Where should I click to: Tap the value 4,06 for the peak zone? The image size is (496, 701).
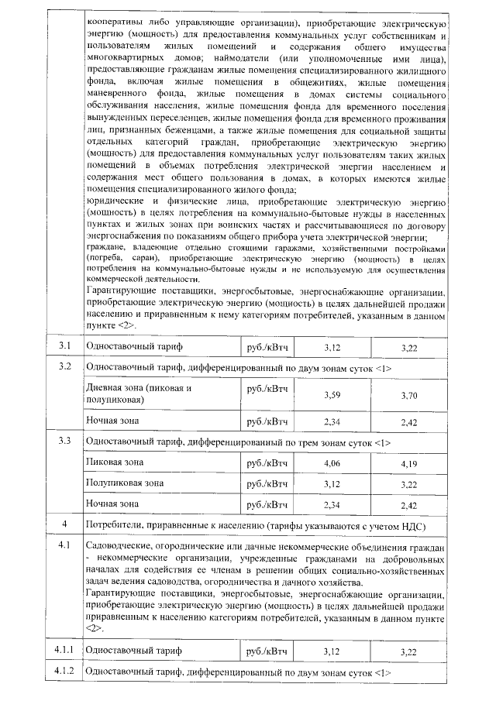point(332,463)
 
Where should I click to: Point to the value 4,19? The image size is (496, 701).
point(409,463)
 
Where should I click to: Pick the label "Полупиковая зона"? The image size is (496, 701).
point(124,483)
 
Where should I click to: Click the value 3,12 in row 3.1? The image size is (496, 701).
point(332,345)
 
